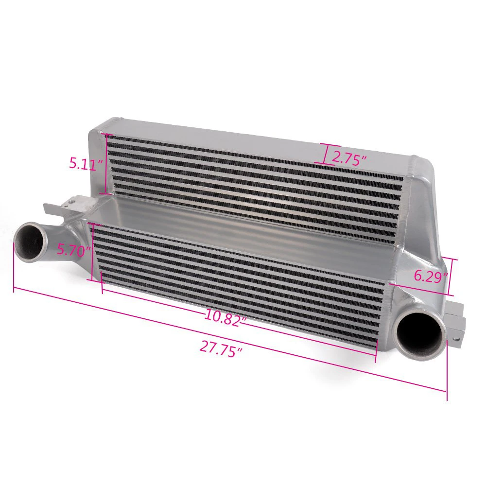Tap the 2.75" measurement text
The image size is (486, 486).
tap(349, 158)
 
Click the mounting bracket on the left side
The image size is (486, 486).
tap(68, 205)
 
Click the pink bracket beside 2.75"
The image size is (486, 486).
tap(327, 154)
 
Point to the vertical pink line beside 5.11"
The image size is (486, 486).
tap(107, 164)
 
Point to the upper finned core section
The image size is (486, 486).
tap(253, 180)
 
